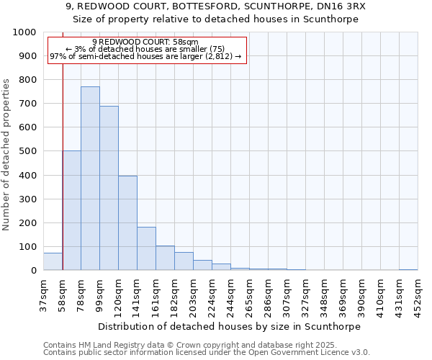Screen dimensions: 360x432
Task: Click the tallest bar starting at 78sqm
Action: click(90, 179)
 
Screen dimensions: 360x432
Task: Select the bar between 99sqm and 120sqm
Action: click(109, 188)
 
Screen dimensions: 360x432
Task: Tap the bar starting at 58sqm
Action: click(71, 210)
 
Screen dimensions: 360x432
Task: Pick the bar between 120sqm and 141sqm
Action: click(127, 223)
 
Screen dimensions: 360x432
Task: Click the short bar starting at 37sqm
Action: click(53, 261)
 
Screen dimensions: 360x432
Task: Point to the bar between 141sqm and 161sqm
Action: click(146, 248)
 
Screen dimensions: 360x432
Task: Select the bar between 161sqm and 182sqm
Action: click(165, 258)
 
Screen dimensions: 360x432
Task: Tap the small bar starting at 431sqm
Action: click(408, 269)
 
